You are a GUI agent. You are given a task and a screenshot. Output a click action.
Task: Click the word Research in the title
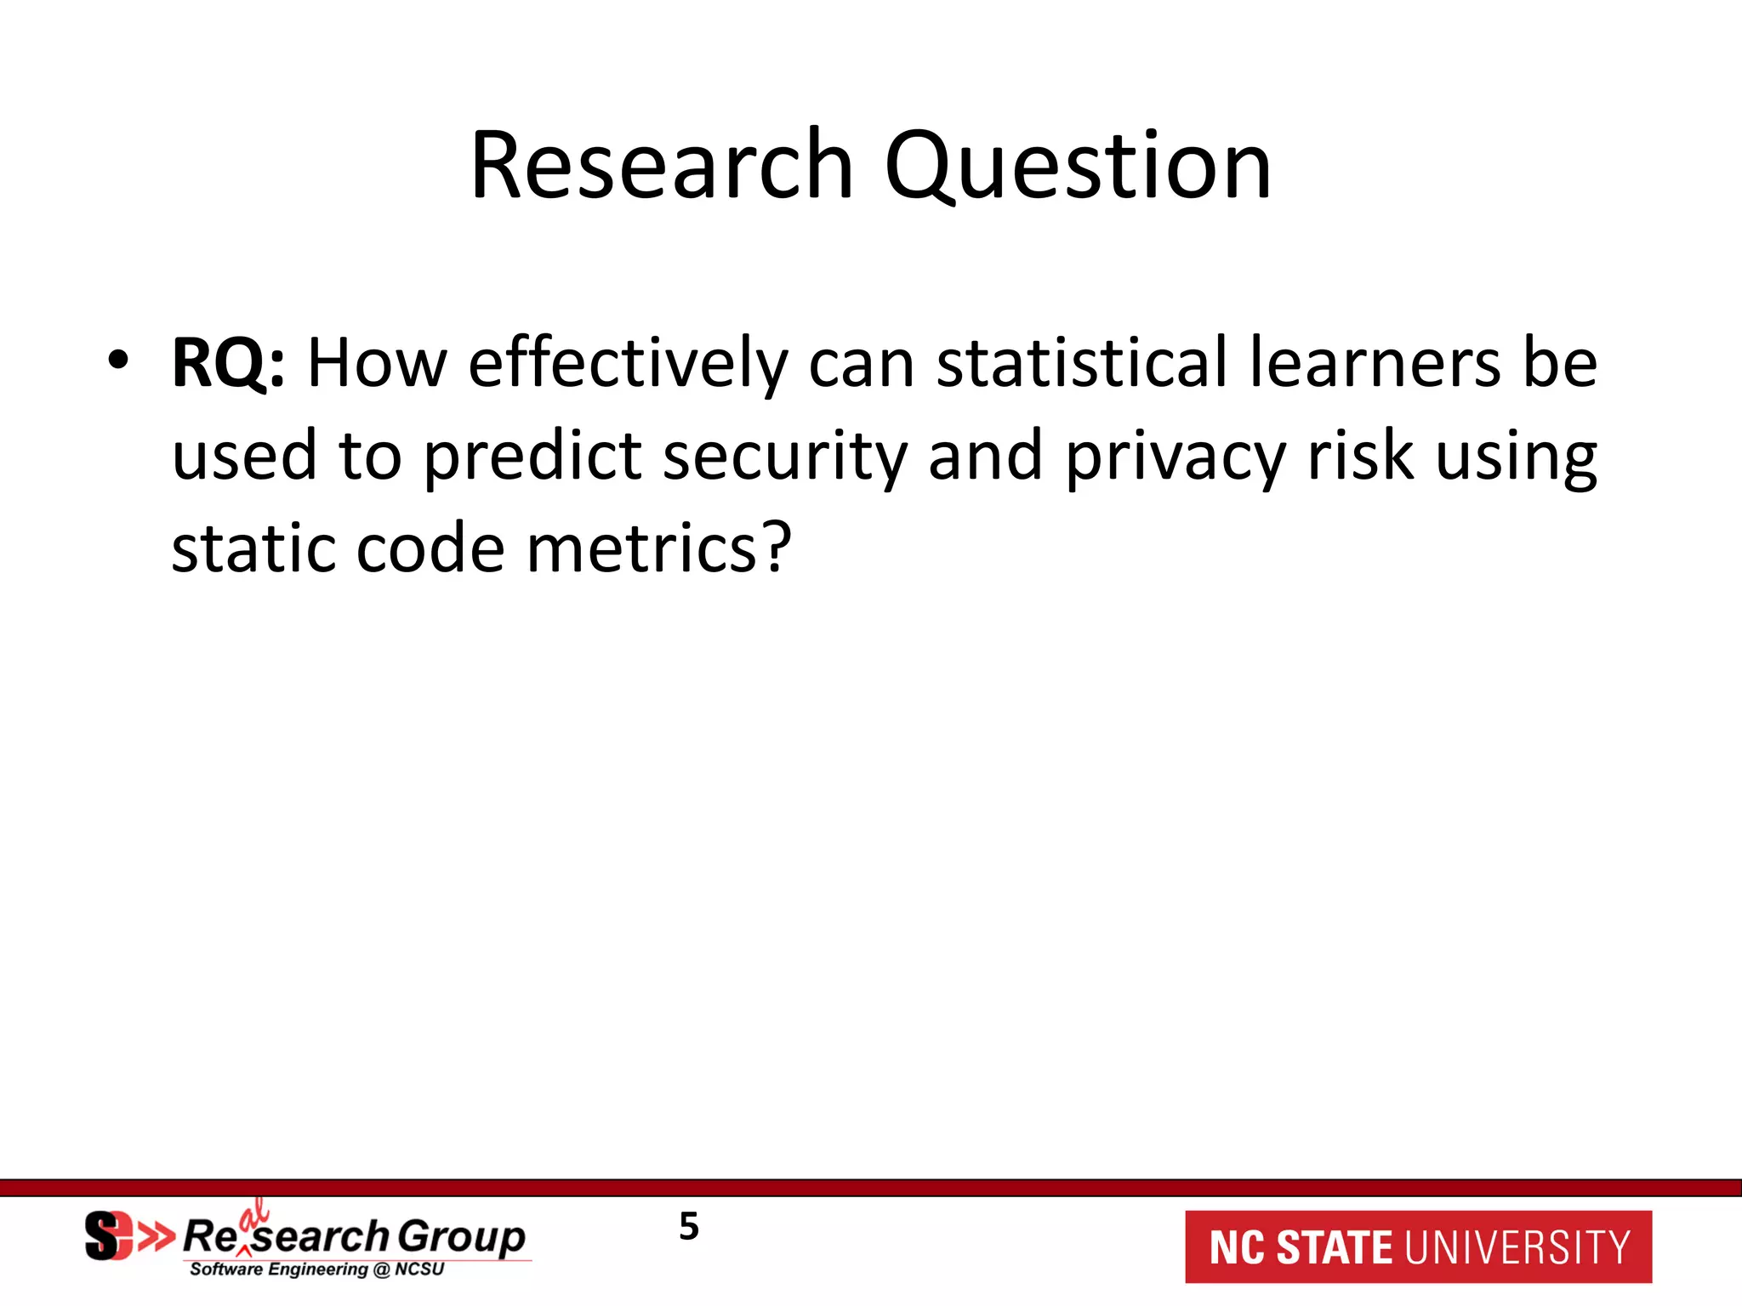coord(662,165)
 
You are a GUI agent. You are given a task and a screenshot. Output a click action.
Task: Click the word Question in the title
coord(1078,165)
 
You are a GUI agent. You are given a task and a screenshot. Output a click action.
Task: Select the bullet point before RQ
coord(118,361)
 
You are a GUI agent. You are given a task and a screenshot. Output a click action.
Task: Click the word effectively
coord(628,364)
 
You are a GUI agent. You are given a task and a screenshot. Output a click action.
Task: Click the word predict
coord(532,457)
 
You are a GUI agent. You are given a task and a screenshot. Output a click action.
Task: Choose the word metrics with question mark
coord(659,548)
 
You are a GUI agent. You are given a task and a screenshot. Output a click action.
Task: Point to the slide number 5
coord(688,1227)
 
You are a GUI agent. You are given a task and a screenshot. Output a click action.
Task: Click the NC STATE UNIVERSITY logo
coord(1418,1246)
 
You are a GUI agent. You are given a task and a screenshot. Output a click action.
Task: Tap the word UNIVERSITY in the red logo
coord(1517,1247)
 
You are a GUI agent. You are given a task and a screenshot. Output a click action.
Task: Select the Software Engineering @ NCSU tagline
coord(316,1269)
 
